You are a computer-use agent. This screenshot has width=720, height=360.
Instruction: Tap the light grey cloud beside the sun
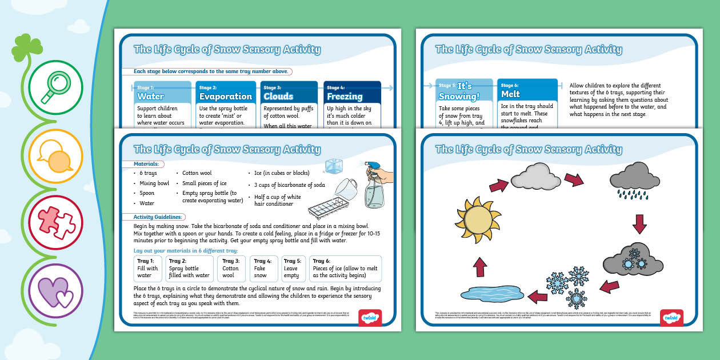(x=535, y=177)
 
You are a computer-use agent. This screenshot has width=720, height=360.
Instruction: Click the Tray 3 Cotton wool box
(x=231, y=269)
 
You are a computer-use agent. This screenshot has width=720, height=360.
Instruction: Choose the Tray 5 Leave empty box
(x=293, y=269)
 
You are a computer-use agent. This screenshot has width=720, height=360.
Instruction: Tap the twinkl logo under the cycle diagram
(x=671, y=318)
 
